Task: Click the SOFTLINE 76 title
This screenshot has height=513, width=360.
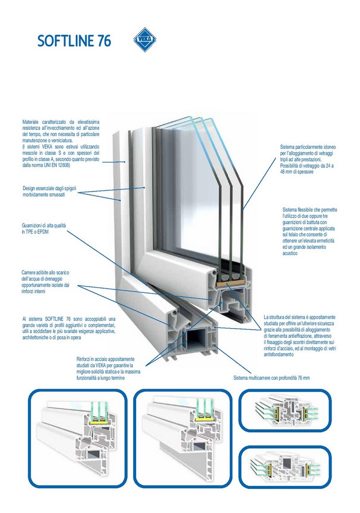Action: pos(74,41)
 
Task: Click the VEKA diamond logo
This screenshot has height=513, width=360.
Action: pos(145,40)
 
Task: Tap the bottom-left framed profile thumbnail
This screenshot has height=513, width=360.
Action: pos(78,439)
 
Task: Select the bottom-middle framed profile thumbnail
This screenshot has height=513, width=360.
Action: pos(183,439)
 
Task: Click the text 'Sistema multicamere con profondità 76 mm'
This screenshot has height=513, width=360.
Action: pos(272,377)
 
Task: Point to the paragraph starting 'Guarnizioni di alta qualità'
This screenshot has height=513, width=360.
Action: pos(44,228)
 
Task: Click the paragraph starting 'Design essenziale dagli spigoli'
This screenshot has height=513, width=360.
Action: pos(51,191)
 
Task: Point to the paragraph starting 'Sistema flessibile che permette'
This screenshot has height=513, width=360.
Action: pos(308,231)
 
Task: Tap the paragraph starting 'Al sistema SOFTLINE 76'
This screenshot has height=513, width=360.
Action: pos(69,328)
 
